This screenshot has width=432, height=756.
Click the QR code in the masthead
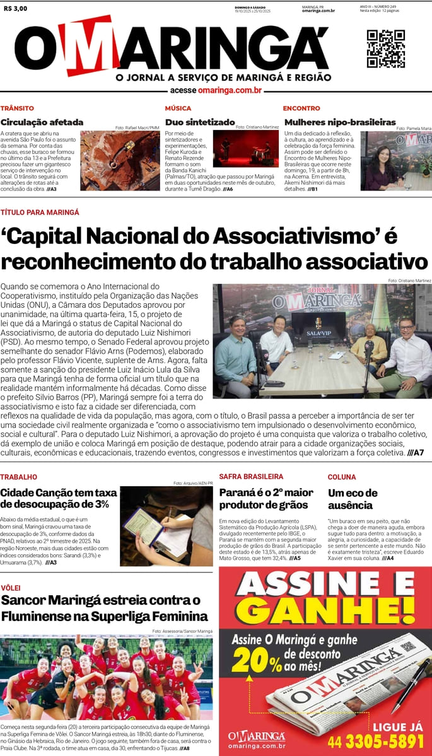(385, 49)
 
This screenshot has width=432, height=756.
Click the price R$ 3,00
(15, 8)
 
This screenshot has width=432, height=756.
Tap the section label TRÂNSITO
(17, 108)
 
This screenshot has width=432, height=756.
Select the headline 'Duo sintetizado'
(200, 122)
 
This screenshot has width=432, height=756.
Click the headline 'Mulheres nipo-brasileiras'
(340, 122)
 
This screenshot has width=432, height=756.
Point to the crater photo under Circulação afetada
(120, 161)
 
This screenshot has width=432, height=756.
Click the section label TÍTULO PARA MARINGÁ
(40, 212)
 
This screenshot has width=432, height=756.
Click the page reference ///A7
(415, 453)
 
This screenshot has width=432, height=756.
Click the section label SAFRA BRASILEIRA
(251, 477)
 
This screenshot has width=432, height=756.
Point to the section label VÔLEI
(11, 588)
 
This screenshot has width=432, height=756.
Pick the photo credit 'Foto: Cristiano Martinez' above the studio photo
(409, 281)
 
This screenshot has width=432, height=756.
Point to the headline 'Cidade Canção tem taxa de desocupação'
(59, 498)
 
